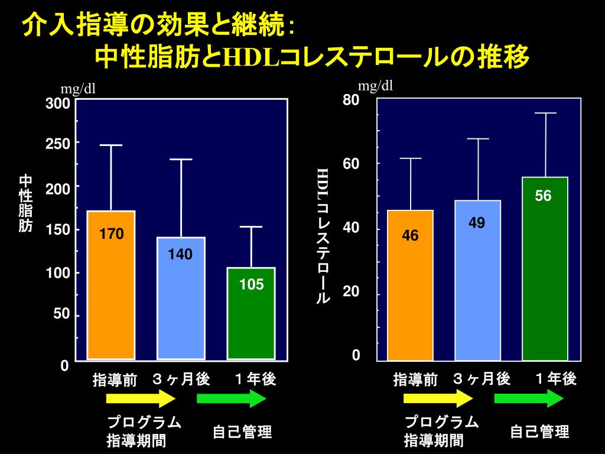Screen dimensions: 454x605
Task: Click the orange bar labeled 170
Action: [111, 284]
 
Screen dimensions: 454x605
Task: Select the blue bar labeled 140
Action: [180, 298]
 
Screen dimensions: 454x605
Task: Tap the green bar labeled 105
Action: [251, 313]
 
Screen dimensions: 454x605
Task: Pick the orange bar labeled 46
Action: [410, 285]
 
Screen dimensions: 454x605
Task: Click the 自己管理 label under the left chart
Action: [242, 433]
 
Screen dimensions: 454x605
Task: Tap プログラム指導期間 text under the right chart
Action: [440, 432]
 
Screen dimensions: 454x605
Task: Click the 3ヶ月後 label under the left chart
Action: [181, 379]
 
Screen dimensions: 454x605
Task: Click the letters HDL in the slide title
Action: [247, 58]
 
